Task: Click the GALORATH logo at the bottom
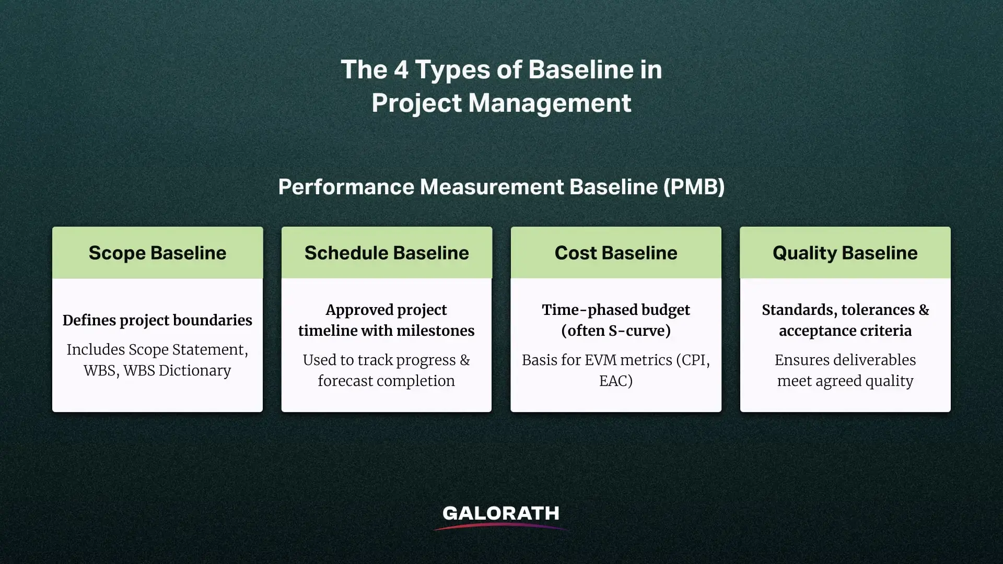point(500,514)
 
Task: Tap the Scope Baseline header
point(157,253)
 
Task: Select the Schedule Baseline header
point(387,253)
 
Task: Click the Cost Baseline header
point(616,253)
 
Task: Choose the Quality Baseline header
point(845,253)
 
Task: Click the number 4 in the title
point(401,69)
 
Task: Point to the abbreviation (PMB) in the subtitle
point(694,187)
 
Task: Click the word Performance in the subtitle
point(346,187)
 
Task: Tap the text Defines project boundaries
point(157,320)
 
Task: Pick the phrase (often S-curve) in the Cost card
point(616,331)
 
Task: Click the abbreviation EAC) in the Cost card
point(616,381)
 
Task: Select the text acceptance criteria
point(845,331)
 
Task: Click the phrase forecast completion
point(387,381)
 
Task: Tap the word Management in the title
point(550,103)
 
